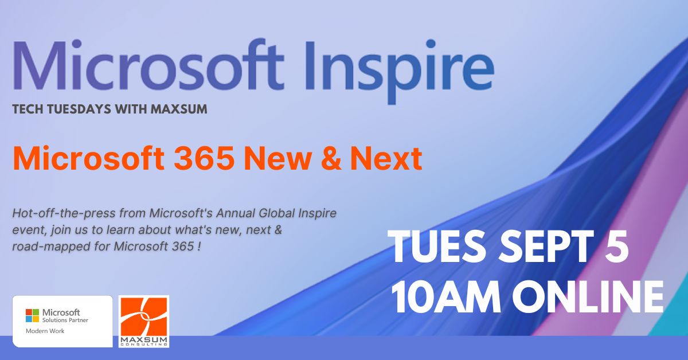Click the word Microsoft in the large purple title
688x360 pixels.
pyautogui.click(x=148, y=65)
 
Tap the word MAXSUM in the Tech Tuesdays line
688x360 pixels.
pyautogui.click(x=179, y=109)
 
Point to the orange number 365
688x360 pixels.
pyautogui.click(x=204, y=158)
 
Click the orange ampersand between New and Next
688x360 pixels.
pyautogui.click(x=331, y=158)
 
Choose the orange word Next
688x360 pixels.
pyautogui.click(x=386, y=158)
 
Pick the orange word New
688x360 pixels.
pyautogui.click(x=277, y=158)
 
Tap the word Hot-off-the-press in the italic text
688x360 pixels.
pyautogui.click(x=64, y=213)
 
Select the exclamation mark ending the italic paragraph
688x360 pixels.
pyautogui.click(x=200, y=246)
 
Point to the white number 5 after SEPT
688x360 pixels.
pyautogui.click(x=616, y=246)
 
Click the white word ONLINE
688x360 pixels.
pyautogui.click(x=588, y=297)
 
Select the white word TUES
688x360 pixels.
pyautogui.click(x=437, y=246)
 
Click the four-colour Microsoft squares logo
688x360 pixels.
pyautogui.click(x=32, y=315)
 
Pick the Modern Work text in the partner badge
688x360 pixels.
pyautogui.click(x=45, y=331)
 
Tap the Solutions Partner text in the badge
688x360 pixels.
pyautogui.click(x=65, y=320)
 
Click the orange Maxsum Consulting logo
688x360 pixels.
pyautogui.click(x=144, y=321)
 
